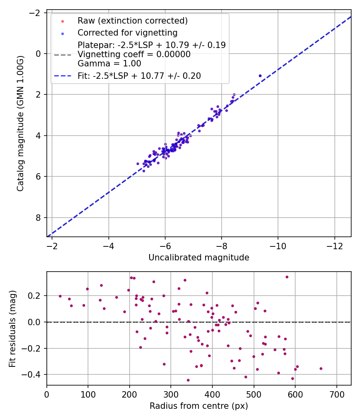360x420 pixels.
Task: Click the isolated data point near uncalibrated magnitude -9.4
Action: (x=260, y=76)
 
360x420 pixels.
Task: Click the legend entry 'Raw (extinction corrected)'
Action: (x=132, y=21)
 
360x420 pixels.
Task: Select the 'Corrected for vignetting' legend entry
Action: (x=127, y=33)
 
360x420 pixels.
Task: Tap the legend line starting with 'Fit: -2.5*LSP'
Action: (x=139, y=76)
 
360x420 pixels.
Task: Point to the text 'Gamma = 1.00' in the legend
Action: (x=109, y=64)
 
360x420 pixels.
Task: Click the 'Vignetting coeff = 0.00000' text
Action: (x=134, y=54)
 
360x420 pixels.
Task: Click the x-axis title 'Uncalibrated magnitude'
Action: (x=199, y=258)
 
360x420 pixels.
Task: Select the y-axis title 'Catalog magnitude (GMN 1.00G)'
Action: (x=21, y=123)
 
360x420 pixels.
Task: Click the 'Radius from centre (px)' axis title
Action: (x=199, y=406)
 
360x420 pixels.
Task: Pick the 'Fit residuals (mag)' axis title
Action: (x=13, y=328)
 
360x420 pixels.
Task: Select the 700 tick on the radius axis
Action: (x=336, y=394)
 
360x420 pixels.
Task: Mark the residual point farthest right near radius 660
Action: (x=321, y=368)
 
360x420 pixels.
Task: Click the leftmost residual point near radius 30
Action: (x=60, y=296)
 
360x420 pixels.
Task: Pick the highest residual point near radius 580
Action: (x=287, y=277)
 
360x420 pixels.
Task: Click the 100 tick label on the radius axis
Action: (x=88, y=394)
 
